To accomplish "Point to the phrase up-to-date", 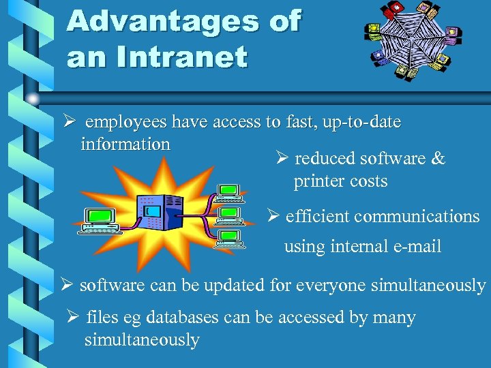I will pyautogui.click(x=364, y=122).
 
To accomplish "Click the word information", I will pyautogui.click(x=125, y=144).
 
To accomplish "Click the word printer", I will pyautogui.click(x=318, y=181).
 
